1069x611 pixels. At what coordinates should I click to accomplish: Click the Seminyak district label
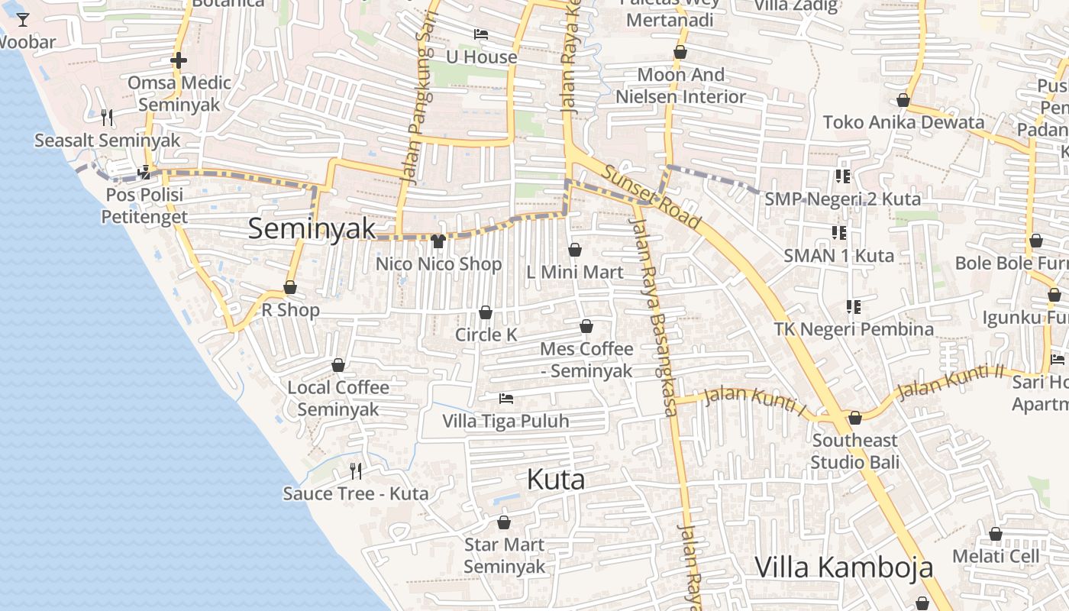click(x=312, y=228)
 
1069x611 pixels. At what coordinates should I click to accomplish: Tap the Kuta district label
click(x=556, y=480)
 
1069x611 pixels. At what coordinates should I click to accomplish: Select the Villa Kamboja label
click(x=844, y=567)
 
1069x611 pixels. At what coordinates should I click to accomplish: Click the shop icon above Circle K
click(x=486, y=312)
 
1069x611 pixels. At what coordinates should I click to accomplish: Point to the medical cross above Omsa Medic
click(x=179, y=60)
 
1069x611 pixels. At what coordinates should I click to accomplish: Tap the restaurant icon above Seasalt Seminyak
click(x=107, y=117)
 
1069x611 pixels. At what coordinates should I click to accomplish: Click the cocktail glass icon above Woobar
click(x=23, y=19)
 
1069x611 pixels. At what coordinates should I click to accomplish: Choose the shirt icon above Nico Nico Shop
click(x=438, y=241)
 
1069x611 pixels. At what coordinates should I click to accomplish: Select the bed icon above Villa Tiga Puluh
click(x=505, y=398)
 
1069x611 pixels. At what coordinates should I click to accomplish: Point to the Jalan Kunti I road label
click(x=754, y=401)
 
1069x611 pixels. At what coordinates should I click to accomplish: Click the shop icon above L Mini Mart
click(x=575, y=250)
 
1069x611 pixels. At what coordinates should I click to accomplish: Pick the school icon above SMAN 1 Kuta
click(x=838, y=232)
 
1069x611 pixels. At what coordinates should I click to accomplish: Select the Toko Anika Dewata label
click(x=903, y=122)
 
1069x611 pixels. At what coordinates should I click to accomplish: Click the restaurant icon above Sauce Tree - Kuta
click(x=356, y=470)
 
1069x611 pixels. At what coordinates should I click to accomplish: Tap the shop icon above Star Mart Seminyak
click(x=504, y=522)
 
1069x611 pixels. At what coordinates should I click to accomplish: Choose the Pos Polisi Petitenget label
click(x=144, y=205)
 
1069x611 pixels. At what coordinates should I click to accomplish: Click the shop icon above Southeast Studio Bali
click(x=855, y=418)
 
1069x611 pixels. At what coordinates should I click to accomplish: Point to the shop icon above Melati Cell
click(x=996, y=534)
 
